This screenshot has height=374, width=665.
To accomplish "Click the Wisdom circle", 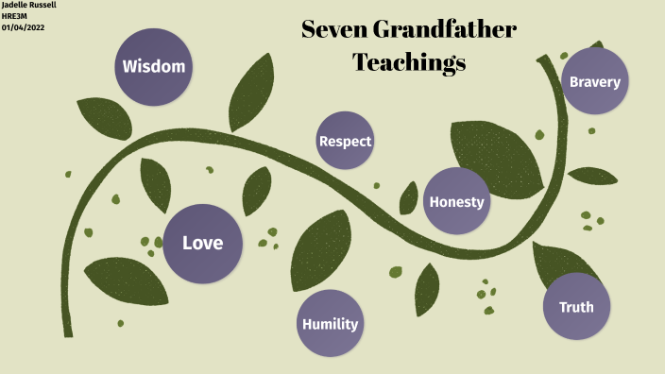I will (154, 67).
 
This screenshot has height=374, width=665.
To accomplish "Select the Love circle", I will (202, 244).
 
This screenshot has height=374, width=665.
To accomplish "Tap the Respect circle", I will (345, 141).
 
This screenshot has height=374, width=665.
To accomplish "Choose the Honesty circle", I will (456, 201).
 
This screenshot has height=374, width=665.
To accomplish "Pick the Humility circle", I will (330, 324).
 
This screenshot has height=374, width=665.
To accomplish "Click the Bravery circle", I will (594, 81).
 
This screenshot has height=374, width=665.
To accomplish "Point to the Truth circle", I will (576, 307).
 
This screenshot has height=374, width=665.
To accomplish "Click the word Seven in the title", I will (333, 30).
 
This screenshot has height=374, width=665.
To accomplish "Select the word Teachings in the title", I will (409, 63).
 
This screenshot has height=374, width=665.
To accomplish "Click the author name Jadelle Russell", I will (29, 6).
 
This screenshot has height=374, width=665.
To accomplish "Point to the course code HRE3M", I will (15, 16).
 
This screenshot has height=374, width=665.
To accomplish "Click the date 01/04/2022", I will (23, 26).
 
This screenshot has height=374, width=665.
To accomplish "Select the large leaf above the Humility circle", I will (321, 248).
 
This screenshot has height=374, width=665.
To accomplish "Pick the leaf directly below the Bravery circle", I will (592, 176).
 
